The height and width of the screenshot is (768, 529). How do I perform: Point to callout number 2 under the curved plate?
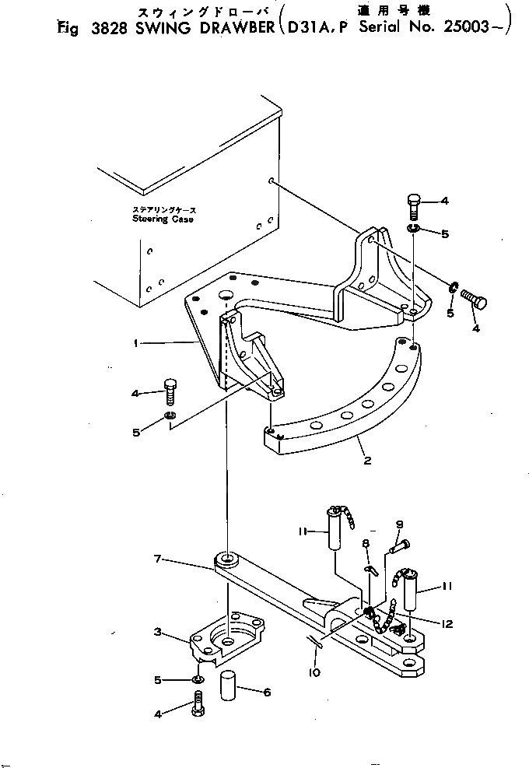367,461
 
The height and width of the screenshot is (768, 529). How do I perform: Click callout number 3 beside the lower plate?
156,633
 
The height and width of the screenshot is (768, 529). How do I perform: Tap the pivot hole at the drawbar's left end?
227,558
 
